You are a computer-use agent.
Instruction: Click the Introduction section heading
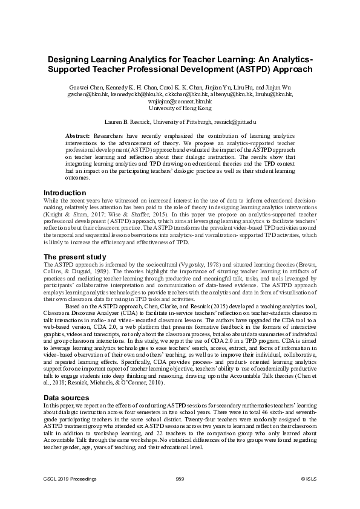[x=64, y=193]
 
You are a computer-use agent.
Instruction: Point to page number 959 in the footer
[x=179, y=478]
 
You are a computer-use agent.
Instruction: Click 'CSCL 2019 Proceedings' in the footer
[x=70, y=478]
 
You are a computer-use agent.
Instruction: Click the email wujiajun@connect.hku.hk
[x=180, y=102]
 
